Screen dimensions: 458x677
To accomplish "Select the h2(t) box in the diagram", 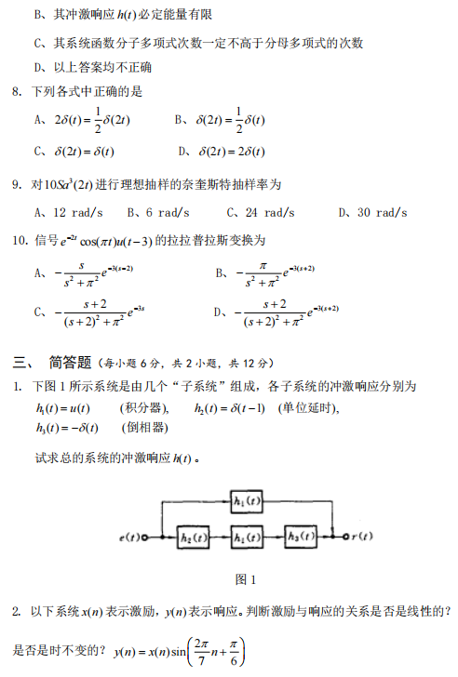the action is click(194, 537).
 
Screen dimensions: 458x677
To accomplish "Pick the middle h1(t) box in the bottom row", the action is click(248, 537).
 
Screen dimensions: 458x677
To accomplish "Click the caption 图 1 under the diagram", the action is click(247, 578).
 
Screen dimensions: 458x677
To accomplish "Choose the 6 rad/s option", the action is click(155, 212).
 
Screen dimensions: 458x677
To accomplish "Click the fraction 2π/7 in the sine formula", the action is click(202, 650).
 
